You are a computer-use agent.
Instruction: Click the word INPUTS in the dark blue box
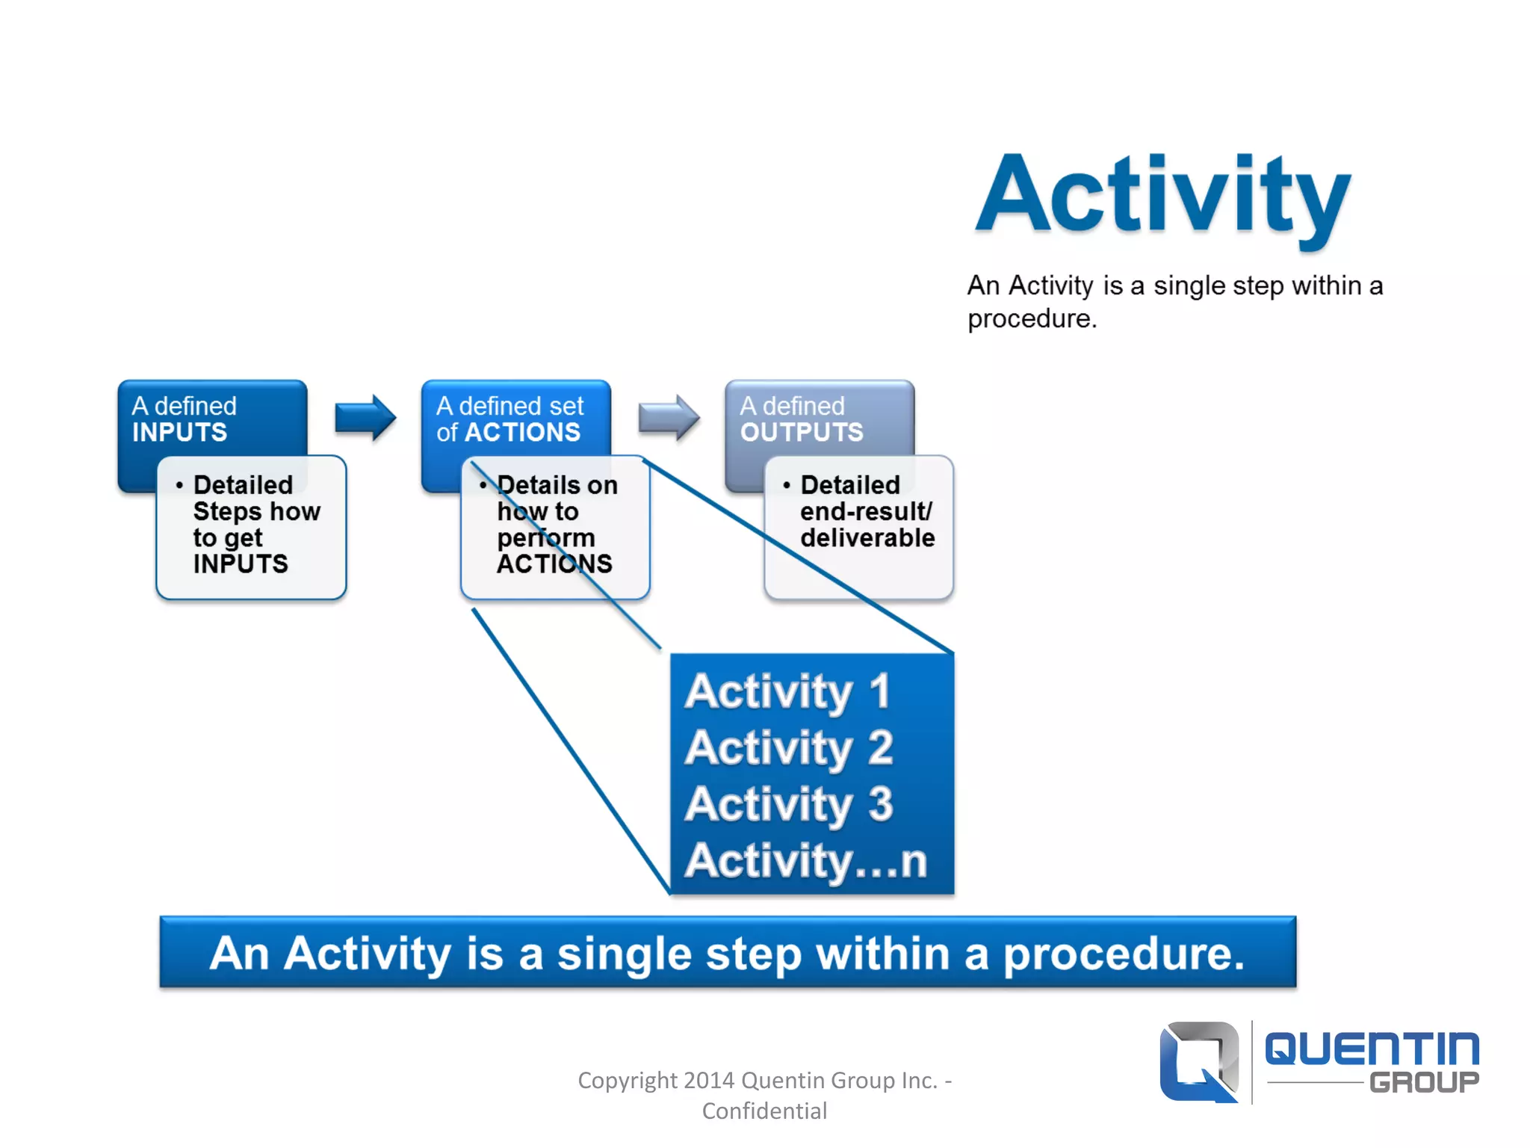(179, 433)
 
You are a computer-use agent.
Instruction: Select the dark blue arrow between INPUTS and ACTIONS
(365, 418)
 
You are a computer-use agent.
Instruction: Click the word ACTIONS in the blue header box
(522, 433)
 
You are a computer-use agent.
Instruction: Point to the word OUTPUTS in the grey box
(802, 433)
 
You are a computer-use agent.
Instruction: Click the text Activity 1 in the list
(787, 691)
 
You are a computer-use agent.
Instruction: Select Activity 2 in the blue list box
(789, 747)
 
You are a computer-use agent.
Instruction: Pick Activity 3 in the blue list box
(789, 804)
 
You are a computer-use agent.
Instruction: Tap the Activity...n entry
(805, 861)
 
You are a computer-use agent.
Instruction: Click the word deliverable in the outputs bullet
(867, 538)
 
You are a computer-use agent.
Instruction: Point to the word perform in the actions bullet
(546, 538)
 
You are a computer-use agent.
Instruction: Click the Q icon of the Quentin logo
(1198, 1061)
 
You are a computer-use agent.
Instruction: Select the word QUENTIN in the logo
(1372, 1049)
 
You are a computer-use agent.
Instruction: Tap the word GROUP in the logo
(1424, 1082)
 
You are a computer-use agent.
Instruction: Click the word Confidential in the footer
(764, 1111)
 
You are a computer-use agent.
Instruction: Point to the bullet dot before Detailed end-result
(787, 486)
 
